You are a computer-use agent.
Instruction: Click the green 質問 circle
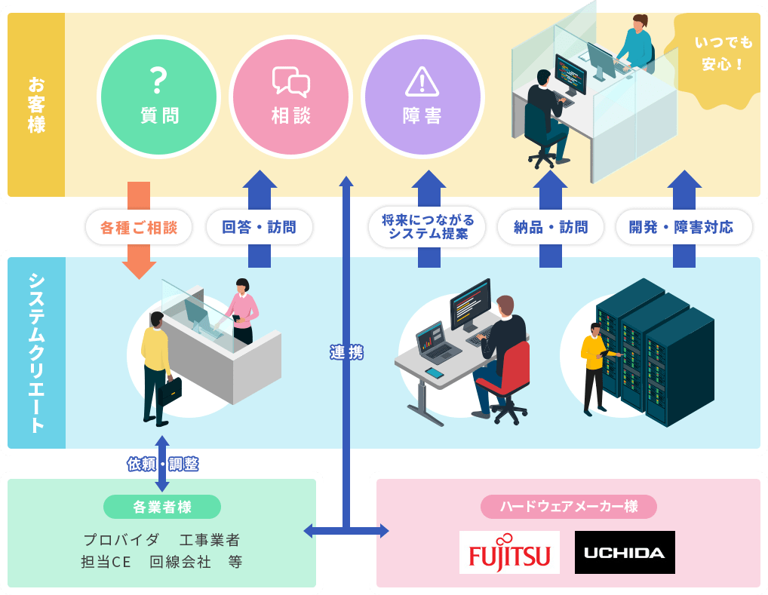pos(159,96)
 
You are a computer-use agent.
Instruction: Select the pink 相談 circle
pos(290,96)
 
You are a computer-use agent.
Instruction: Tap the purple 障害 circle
pos(422,96)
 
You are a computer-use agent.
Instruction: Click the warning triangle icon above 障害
pos(422,81)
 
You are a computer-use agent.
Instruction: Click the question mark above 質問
pos(158,78)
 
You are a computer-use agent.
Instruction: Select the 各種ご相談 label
pos(139,227)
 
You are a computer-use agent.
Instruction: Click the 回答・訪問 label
pos(259,227)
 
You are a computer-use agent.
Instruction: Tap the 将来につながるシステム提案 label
pos(428,227)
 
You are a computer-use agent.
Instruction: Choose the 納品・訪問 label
pos(550,227)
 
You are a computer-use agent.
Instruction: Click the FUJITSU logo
pos(509,552)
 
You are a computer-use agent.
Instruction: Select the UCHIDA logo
pos(625,552)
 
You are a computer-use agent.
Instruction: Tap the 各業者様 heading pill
pos(162,507)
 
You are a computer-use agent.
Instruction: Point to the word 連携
pos(346,352)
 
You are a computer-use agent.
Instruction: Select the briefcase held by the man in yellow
pos(171,390)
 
